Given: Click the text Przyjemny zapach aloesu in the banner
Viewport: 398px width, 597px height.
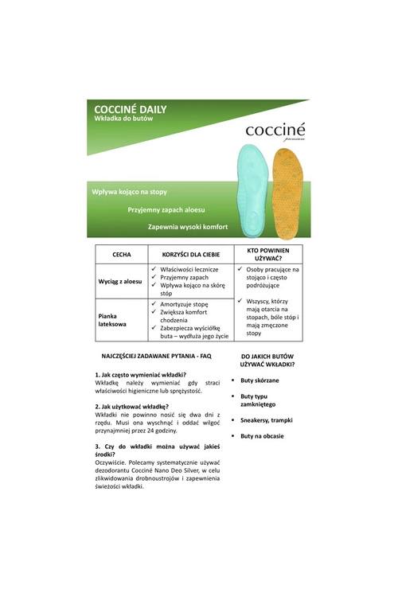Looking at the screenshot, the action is coord(166,209).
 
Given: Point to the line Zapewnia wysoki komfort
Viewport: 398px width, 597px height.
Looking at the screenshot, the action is coord(187,227).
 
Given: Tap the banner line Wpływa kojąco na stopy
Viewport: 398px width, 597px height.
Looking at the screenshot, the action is coord(129,192).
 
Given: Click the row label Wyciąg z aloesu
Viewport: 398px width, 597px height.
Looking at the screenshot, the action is coord(119,282).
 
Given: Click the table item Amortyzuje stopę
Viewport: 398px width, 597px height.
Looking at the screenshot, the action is coord(184,304).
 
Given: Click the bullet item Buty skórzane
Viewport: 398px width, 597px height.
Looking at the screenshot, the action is coord(259,380).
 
